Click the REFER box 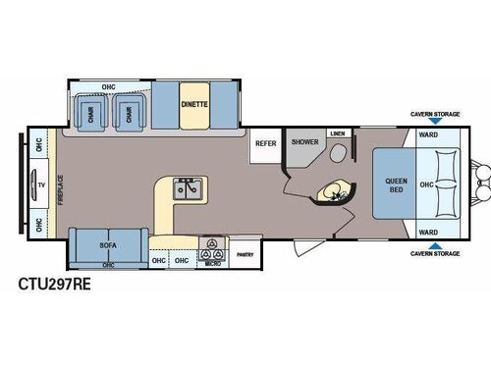[266, 143]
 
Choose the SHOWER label [303, 143]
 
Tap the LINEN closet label [337, 132]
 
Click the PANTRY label [246, 254]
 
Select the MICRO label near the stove [207, 261]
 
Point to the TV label [41, 184]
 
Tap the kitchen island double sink [188, 186]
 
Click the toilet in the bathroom [341, 152]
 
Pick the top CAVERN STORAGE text [435, 115]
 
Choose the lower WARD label [429, 233]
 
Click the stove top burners [208, 243]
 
